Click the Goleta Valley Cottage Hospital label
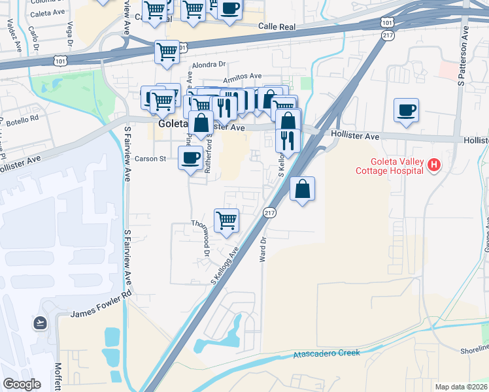pos(390,167)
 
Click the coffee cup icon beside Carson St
pos(190,157)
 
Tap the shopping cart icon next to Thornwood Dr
pos(226,220)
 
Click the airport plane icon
pos(39,322)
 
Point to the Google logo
pos(22,384)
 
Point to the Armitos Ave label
pos(242,77)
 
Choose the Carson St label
pos(150,159)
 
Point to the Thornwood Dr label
pos(200,237)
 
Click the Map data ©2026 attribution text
pos(460,387)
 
